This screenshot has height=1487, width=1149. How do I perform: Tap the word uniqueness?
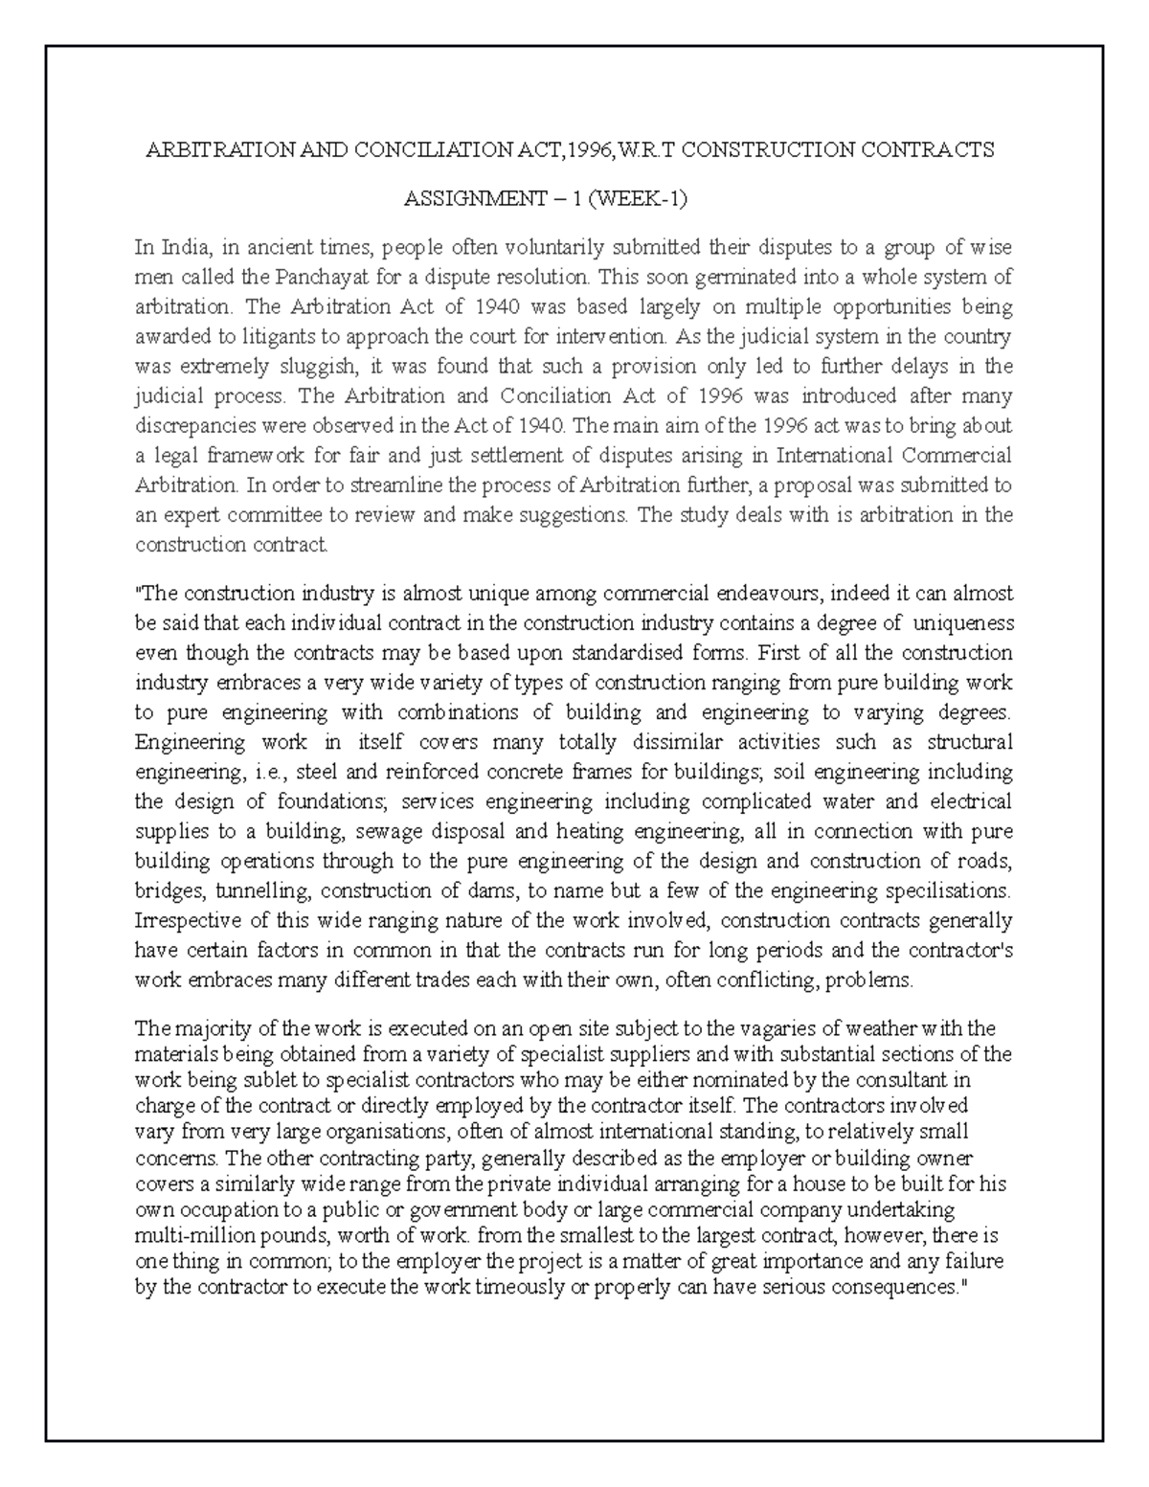(x=964, y=624)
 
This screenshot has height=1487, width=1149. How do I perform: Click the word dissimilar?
(x=665, y=742)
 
